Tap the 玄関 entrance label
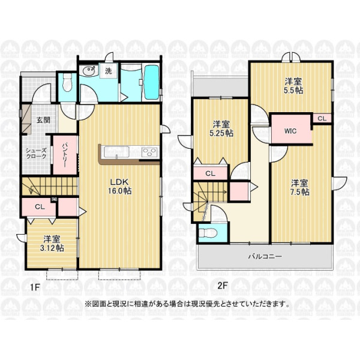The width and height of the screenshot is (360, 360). point(43,120)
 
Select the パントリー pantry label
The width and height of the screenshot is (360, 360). point(65,155)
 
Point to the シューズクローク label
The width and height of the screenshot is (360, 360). point(36,154)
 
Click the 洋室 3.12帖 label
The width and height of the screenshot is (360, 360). point(52,244)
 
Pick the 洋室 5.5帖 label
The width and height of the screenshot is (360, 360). point(293,86)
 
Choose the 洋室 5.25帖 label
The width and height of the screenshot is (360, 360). point(221,129)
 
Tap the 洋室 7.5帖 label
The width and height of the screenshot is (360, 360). point(299,188)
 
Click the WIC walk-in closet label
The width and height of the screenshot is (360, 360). point(290,131)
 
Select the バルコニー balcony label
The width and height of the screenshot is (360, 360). point(265,256)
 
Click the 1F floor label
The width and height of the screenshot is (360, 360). point(35,287)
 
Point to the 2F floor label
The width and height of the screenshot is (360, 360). point(223,286)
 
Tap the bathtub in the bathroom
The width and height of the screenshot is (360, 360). point(152,82)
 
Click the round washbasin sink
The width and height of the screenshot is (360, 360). point(89,70)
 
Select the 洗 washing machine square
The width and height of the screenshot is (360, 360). point(109,71)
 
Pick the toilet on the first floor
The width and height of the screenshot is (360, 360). point(67,83)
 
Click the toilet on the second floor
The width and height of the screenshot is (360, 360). point(208,233)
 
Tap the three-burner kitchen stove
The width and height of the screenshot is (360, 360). point(149,152)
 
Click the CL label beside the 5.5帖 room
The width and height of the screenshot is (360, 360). point(322,118)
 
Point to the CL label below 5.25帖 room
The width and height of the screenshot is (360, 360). point(211,173)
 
